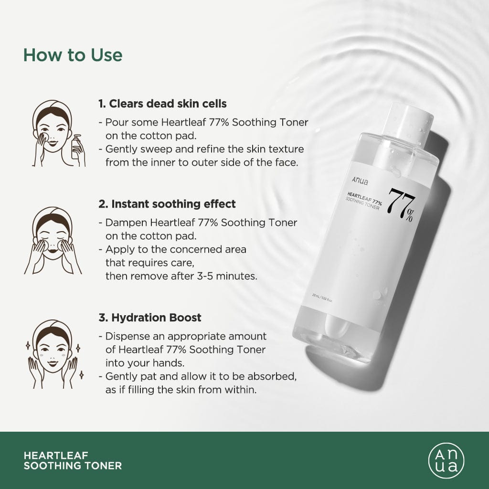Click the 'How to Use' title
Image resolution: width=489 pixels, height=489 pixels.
click(x=73, y=55)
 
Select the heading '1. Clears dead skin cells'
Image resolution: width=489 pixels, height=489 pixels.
click(x=162, y=104)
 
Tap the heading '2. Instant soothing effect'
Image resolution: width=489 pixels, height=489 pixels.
click(x=167, y=204)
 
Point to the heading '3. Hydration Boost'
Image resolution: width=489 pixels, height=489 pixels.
click(x=150, y=318)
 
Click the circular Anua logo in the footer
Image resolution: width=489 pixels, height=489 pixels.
click(x=446, y=461)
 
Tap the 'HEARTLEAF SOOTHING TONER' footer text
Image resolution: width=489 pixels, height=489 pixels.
click(x=73, y=460)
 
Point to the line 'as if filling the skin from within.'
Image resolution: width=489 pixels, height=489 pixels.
click(x=181, y=390)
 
